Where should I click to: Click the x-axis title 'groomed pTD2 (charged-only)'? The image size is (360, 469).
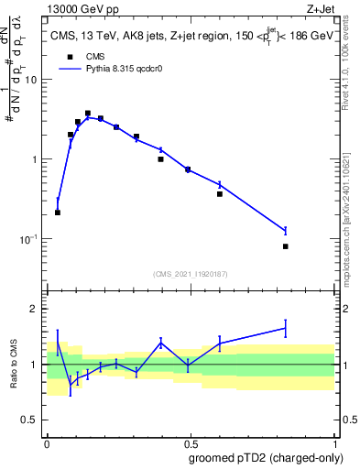(266, 458)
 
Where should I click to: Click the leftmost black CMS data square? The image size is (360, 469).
(58, 213)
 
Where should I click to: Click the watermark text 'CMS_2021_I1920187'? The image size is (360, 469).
(190, 273)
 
